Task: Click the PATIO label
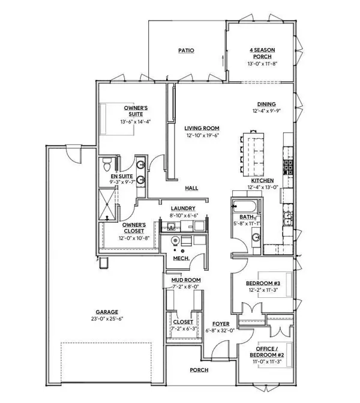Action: pyautogui.click(x=187, y=51)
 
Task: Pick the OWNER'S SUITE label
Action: pyautogui.click(x=136, y=111)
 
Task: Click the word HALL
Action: pyautogui.click(x=191, y=188)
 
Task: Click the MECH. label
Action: pyautogui.click(x=181, y=258)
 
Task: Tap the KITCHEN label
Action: pyautogui.click(x=263, y=180)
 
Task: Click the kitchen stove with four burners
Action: pyautogui.click(x=287, y=166)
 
